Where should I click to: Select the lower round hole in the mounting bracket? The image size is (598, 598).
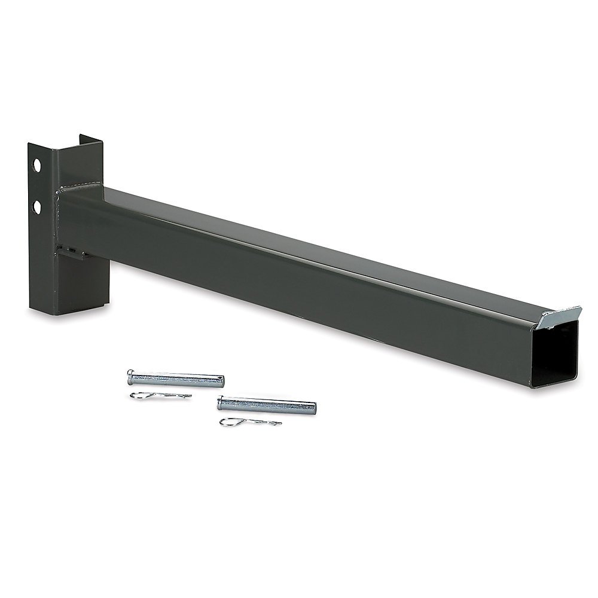(x=38, y=207)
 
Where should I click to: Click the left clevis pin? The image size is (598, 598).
(x=176, y=379)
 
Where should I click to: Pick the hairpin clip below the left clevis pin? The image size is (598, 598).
(x=160, y=396)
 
